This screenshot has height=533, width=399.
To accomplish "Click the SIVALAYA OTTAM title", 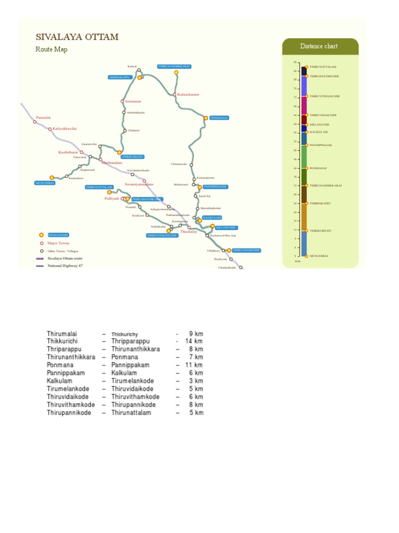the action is (x=77, y=37).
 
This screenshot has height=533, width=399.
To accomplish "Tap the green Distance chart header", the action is (x=318, y=46).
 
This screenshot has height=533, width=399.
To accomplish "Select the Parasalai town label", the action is (x=44, y=118).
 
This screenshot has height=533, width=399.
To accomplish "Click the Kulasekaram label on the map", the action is (x=188, y=95).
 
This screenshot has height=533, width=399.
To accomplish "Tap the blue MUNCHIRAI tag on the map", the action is (x=45, y=183).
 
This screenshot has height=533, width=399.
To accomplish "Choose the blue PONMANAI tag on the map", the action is (x=219, y=118).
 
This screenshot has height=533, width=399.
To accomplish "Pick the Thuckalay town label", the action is (x=189, y=232).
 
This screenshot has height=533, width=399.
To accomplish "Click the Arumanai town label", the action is (x=133, y=101).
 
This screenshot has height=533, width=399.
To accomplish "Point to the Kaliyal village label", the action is (x=132, y=66).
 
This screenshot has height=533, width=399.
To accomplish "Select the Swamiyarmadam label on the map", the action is (x=139, y=184).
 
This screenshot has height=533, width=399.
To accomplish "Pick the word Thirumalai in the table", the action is (x=62, y=334).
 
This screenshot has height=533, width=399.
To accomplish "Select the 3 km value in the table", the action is (x=196, y=381).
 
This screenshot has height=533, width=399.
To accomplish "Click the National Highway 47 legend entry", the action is (x=65, y=265).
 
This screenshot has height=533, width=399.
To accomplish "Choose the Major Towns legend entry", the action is (x=58, y=243).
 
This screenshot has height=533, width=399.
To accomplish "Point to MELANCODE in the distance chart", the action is (x=320, y=125).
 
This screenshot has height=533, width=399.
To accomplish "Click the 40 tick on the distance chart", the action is (x=295, y=168).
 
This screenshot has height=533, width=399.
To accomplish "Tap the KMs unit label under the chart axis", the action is (x=298, y=261).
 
